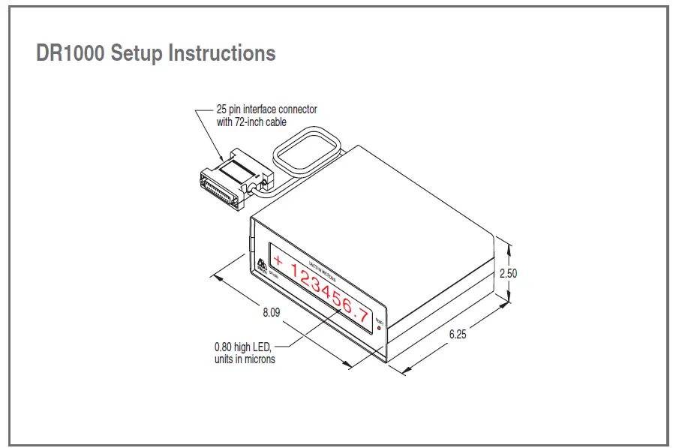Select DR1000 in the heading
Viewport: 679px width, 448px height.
(71, 54)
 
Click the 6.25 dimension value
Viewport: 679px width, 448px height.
(457, 335)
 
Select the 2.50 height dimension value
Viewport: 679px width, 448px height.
(508, 273)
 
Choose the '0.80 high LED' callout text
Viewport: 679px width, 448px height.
(241, 347)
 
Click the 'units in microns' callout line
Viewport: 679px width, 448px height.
(244, 359)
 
